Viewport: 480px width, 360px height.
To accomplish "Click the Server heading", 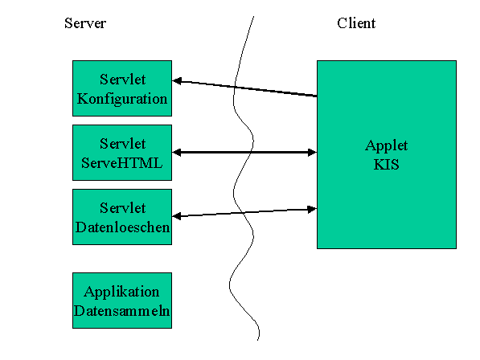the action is (85, 23).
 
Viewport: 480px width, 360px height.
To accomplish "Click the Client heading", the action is (356, 23).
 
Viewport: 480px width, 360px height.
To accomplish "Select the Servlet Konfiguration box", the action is (122, 88).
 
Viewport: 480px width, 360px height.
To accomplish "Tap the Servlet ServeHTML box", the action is (122, 153).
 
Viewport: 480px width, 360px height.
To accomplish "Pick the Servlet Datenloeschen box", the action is (122, 217).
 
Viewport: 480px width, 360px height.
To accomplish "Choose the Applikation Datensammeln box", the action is (122, 301).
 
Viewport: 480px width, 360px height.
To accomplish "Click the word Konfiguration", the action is (122, 99).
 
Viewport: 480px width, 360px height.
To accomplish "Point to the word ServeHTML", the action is (122, 163).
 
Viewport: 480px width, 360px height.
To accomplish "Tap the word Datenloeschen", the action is (122, 227).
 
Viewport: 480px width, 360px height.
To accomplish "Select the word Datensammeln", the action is (122, 311).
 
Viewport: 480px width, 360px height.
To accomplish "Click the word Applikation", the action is (121, 292).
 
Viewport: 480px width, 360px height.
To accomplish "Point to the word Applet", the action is (386, 146).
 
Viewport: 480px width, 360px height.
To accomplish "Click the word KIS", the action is (386, 165).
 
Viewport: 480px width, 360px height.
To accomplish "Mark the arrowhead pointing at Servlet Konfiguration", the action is (177, 81).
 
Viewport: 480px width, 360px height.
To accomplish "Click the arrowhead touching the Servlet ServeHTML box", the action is (177, 153).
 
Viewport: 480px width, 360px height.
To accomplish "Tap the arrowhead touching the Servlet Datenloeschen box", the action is (177, 216).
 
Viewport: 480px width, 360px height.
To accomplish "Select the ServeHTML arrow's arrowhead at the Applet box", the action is (312, 153).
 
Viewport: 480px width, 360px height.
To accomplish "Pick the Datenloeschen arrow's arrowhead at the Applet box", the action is (312, 209).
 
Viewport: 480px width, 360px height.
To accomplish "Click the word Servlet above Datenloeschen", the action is (122, 208).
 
